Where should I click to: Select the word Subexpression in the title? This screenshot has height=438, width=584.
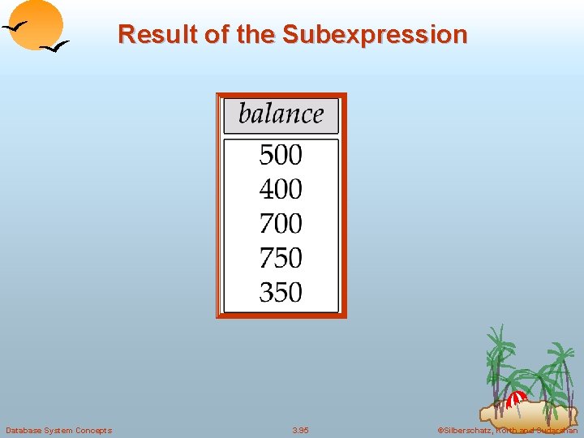click(374, 35)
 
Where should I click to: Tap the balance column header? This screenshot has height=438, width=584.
click(281, 114)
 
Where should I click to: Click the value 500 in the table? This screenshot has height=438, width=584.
click(281, 154)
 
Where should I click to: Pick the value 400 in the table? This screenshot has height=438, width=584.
click(281, 189)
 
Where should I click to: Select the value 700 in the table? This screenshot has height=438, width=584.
click(281, 223)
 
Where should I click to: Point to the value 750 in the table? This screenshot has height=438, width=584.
click(281, 258)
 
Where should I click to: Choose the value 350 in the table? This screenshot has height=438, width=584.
click(281, 292)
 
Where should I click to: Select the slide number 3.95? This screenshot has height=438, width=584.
click(300, 430)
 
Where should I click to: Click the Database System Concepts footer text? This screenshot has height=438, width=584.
click(58, 430)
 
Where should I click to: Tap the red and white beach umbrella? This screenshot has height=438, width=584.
click(516, 400)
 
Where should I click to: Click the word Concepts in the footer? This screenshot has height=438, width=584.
click(94, 430)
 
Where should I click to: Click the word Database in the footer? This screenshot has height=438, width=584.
click(24, 430)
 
